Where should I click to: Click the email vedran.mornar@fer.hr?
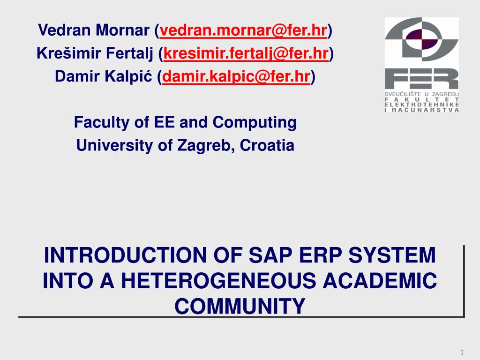243,30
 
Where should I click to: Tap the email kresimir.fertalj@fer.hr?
246,53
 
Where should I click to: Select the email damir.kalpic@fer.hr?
236,76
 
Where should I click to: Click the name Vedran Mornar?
94,30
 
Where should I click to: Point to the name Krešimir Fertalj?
95,53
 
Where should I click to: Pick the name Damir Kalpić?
104,76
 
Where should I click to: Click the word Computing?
255,123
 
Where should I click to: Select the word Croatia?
267,145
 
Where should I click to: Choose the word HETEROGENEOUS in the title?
218,281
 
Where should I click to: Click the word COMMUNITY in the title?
240,306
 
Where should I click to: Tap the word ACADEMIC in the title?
380,281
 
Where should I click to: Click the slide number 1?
462,352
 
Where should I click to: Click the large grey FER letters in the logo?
421,79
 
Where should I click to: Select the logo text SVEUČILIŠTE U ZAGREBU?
421,94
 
